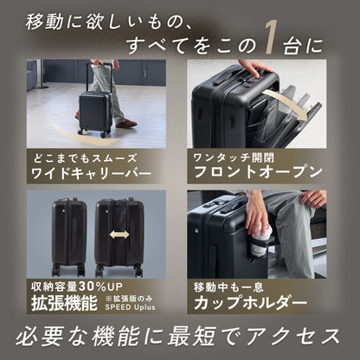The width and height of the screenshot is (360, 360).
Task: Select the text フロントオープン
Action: point(259,173)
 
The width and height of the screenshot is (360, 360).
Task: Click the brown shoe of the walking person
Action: point(126,123)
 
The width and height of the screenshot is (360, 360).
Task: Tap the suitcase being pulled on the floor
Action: point(94,110)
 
